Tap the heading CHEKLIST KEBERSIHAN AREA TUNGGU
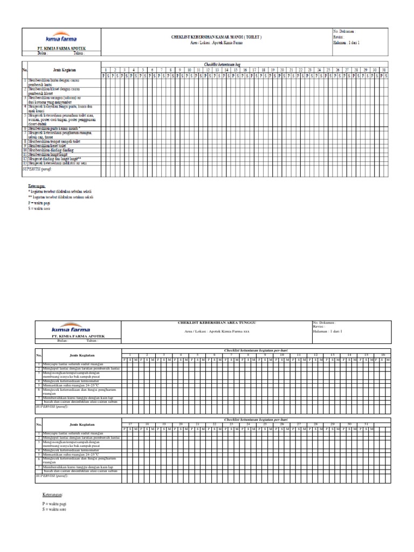click(217, 322)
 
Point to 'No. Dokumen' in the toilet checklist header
click(344, 32)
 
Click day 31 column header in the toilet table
click(383, 70)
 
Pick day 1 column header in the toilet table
click(106, 70)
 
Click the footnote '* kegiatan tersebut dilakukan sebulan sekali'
click(60, 191)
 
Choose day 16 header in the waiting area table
click(382, 355)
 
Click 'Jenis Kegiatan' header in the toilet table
click(64, 70)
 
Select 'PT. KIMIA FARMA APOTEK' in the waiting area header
click(78, 336)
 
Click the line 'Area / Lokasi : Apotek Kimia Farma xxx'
click(217, 330)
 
